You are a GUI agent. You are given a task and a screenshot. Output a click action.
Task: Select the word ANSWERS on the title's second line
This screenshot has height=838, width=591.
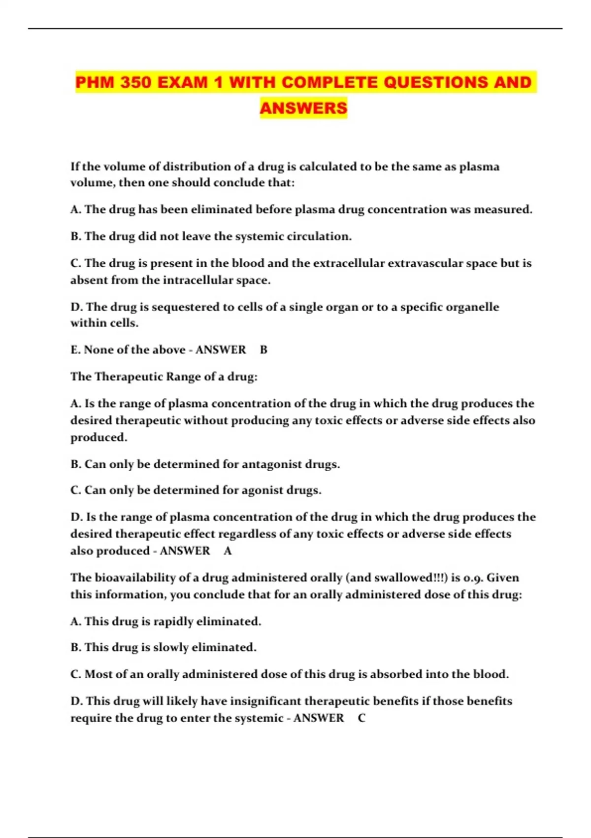[303, 108]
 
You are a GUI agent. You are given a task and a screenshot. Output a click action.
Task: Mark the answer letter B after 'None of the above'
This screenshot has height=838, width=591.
[263, 350]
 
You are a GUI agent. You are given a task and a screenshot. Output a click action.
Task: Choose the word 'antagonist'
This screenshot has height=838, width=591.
[272, 464]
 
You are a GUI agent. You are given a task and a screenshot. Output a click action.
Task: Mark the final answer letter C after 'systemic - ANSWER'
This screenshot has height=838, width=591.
[361, 718]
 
